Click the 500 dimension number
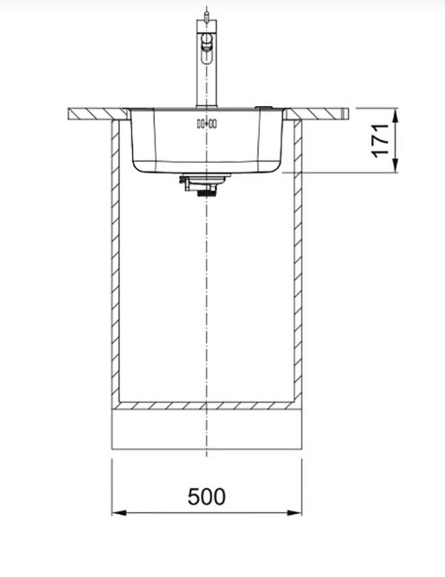pyautogui.click(x=207, y=496)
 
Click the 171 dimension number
pyautogui.click(x=380, y=141)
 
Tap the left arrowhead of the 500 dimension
pyautogui.click(x=120, y=512)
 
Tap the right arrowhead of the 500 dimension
pyautogui.click(x=294, y=512)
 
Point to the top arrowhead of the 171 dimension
pyautogui.click(x=396, y=116)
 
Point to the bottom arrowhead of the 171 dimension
pyautogui.click(x=396, y=165)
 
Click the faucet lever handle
pyautogui.click(x=207, y=42)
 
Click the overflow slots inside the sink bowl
pyautogui.click(x=207, y=124)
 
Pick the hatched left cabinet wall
pyautogui.click(x=115, y=264)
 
